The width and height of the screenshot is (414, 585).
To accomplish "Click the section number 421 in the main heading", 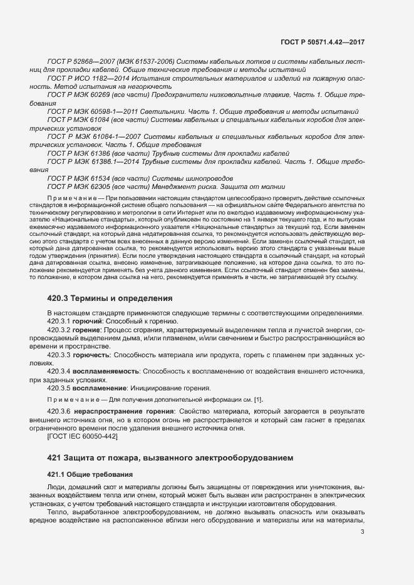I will coord(55,457).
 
